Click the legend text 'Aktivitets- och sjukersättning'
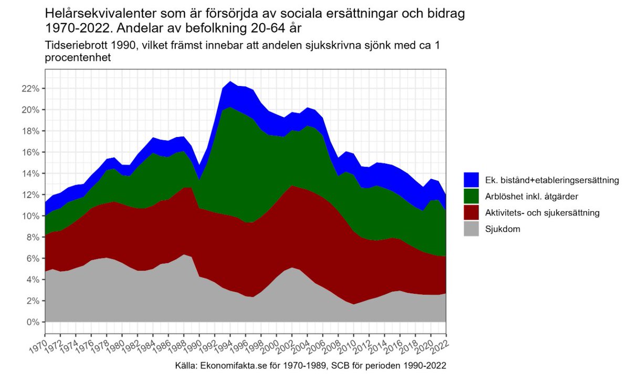(x=541, y=213)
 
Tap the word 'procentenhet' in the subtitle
(x=78, y=58)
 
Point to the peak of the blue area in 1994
(x=230, y=82)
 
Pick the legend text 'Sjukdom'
(x=502, y=229)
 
